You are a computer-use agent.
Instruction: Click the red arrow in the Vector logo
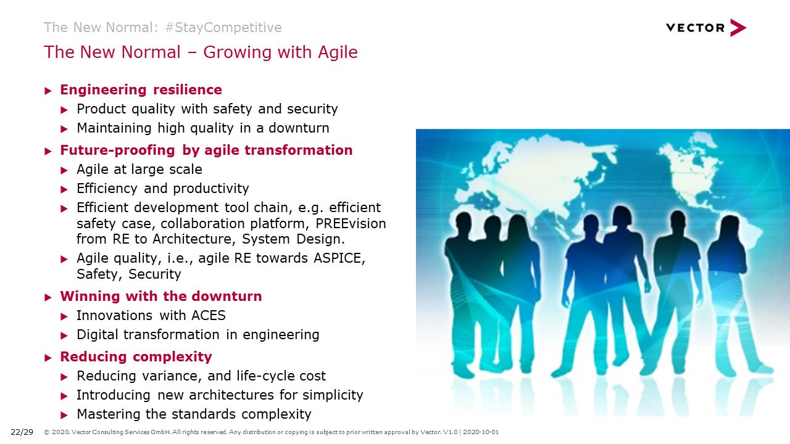(737, 28)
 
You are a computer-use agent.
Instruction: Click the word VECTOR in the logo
(695, 28)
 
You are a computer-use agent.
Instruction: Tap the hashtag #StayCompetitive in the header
(223, 28)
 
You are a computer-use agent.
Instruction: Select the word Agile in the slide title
(338, 52)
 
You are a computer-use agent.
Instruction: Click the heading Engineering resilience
(141, 90)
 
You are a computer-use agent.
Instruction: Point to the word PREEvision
(351, 223)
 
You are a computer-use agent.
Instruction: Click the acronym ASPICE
(339, 258)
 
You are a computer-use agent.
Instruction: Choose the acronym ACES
(208, 315)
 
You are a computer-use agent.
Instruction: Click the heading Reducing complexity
(136, 357)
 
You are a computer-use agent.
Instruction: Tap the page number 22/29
(22, 432)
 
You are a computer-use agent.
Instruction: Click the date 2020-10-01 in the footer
(481, 432)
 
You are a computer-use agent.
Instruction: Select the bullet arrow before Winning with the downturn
(48, 297)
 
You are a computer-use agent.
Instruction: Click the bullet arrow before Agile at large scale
(64, 171)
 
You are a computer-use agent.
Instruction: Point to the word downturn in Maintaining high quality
(299, 128)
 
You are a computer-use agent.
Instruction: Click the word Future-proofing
(117, 150)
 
